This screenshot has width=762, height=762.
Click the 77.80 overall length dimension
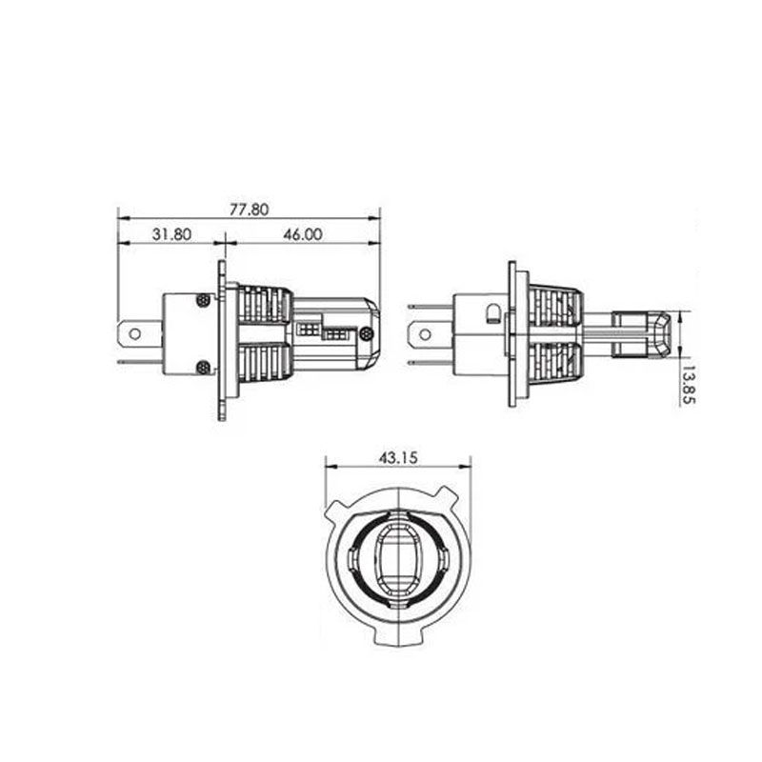point(249,210)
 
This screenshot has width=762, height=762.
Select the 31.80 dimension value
point(171,234)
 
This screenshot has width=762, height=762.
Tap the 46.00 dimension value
point(303,234)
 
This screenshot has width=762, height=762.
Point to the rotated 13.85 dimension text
point(689,385)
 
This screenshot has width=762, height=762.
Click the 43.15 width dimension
point(398,458)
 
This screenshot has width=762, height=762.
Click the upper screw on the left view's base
point(203,300)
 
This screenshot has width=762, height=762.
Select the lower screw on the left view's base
point(203,368)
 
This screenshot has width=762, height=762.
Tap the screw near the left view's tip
point(368,333)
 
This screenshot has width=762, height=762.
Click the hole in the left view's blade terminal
point(135,334)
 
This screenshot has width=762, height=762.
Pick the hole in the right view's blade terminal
point(425,334)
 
